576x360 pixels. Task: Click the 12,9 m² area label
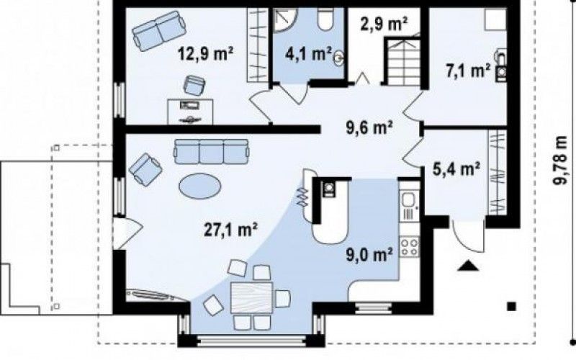206,53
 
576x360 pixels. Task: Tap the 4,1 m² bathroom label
309,53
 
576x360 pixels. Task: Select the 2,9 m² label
385,24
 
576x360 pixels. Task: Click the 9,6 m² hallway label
370,128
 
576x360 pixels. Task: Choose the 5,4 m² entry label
456,170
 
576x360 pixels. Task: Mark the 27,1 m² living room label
230,230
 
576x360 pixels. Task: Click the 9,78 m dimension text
561,161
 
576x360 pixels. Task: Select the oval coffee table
200,186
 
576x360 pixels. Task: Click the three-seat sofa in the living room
212,151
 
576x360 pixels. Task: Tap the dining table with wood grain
251,297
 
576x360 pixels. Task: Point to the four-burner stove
410,246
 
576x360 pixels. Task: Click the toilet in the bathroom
325,20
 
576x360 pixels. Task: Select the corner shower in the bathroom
286,20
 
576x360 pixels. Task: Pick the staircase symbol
403,61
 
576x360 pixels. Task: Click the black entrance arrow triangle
469,266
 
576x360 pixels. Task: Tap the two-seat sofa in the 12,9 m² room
158,31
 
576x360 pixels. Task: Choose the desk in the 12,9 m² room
190,112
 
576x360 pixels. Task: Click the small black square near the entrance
512,306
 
